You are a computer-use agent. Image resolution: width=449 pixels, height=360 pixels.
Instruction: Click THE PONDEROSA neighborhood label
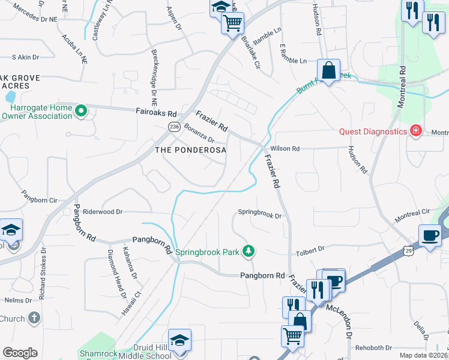[191, 150]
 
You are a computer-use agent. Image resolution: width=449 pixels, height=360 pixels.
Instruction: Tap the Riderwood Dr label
[103, 212]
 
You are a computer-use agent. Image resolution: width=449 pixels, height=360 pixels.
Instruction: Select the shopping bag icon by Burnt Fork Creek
[329, 71]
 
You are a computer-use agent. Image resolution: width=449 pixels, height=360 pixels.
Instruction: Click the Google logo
[20, 353]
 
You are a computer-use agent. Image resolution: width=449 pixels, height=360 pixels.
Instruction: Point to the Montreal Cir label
[412, 216]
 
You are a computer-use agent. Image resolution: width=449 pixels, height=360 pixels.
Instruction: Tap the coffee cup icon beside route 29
[430, 236]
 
